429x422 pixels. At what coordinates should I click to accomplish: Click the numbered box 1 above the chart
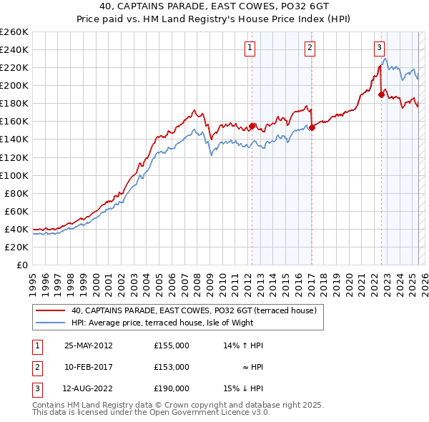click(250, 48)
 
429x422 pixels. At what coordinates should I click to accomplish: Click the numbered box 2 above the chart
click(310, 48)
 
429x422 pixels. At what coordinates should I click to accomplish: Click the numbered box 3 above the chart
click(379, 48)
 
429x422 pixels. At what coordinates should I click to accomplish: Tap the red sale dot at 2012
click(252, 126)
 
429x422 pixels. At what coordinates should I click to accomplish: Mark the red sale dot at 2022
click(381, 94)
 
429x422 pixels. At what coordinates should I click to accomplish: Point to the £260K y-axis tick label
click(14, 32)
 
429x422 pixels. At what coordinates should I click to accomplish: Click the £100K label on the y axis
click(14, 175)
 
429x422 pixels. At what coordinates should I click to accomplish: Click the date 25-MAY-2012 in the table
click(89, 345)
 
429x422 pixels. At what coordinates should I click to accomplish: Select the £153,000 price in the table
click(172, 367)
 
